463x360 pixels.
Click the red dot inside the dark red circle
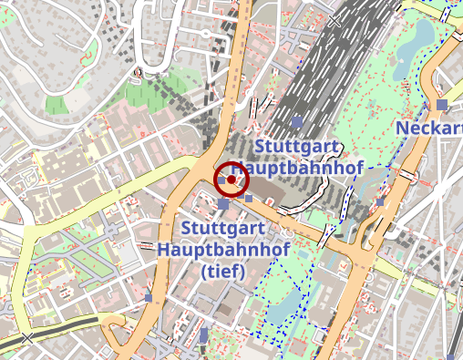point(231,180)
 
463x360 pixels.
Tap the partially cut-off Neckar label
point(428,129)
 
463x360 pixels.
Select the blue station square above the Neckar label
point(442,105)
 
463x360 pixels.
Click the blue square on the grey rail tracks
point(296,120)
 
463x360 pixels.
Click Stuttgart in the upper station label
point(300,147)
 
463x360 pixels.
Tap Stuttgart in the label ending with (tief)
point(224,227)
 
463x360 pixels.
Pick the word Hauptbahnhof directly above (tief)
point(223,248)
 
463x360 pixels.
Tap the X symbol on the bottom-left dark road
point(26,338)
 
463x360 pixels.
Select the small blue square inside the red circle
point(221,180)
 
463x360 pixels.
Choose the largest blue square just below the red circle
point(223,205)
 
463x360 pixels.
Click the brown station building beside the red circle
point(273,188)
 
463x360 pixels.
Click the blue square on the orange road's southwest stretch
point(149,297)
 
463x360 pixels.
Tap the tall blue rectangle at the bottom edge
point(203,334)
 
